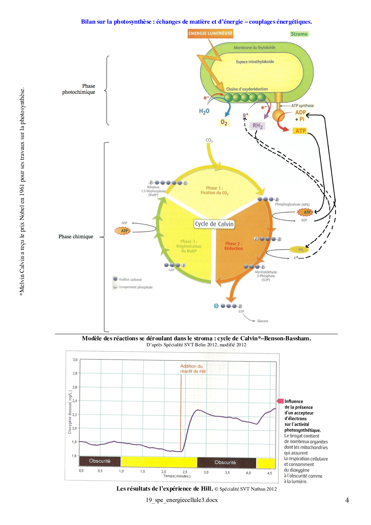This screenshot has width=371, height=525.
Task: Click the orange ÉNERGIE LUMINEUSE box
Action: (x=210, y=34)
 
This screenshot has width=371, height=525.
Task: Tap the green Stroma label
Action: (x=299, y=34)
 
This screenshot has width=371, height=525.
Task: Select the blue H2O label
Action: (x=204, y=111)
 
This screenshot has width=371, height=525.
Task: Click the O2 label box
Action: (x=224, y=122)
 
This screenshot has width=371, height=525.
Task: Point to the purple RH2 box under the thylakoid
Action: (x=257, y=126)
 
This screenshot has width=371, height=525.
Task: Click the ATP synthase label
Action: (x=302, y=106)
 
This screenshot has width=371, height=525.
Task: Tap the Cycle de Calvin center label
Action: (x=214, y=224)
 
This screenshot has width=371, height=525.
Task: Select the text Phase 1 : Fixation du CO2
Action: (x=214, y=190)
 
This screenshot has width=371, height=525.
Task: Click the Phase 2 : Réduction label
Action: (x=233, y=246)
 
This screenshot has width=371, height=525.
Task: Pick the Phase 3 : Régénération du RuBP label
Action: (x=189, y=246)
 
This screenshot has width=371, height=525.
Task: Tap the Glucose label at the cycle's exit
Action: (x=263, y=321)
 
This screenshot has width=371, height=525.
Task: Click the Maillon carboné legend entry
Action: (x=130, y=280)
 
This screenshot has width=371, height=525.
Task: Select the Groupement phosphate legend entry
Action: (x=135, y=287)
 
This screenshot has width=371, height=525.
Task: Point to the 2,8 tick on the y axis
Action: (x=75, y=373)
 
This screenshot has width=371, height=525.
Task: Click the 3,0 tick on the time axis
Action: (x=206, y=472)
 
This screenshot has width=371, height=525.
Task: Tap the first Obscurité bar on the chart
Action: (x=100, y=461)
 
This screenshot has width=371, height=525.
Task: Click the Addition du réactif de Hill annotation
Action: (x=193, y=369)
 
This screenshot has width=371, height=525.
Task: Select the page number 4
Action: (x=347, y=500)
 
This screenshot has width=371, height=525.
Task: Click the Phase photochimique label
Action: (x=79, y=89)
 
